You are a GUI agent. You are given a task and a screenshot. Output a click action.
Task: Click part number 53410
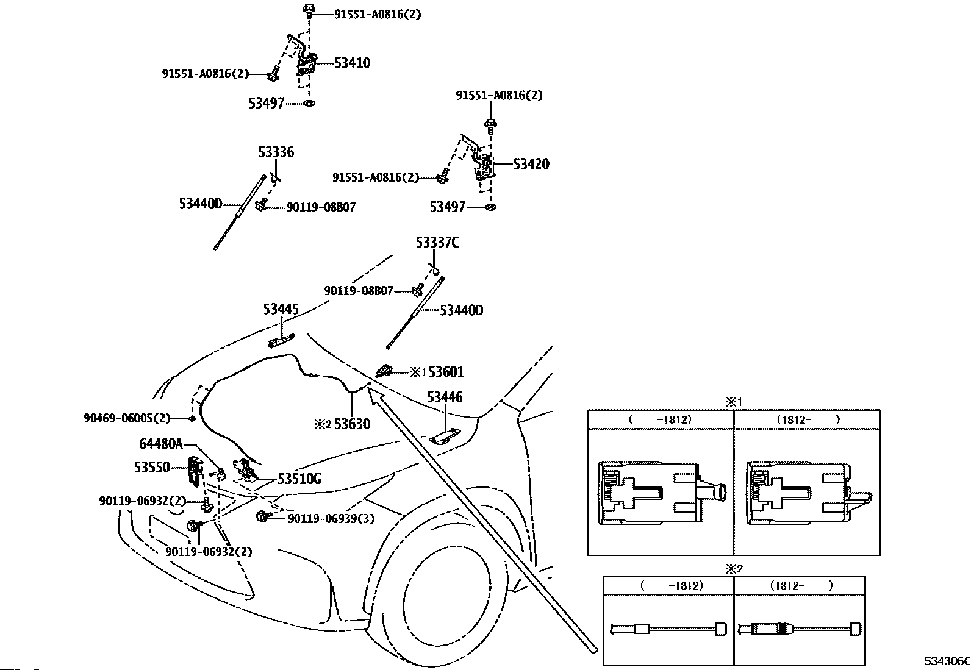tap(352, 63)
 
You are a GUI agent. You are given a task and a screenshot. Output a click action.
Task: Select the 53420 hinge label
tap(531, 164)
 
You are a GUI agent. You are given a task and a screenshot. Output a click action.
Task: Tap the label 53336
tap(276, 152)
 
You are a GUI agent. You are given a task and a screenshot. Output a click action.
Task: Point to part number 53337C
tap(437, 243)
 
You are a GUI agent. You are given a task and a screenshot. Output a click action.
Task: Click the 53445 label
tap(281, 309)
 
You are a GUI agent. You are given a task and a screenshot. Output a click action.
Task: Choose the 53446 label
tap(445, 397)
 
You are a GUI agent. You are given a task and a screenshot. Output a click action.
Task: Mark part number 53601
tap(446, 372)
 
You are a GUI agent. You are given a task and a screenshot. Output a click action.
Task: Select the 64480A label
tap(161, 444)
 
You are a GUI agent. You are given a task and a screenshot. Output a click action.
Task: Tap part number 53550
tap(152, 467)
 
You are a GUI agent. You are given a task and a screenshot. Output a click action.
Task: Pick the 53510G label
tap(299, 479)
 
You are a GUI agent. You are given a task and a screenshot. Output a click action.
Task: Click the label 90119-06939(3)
tap(331, 519)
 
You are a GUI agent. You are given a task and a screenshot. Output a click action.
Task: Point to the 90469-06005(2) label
tap(127, 418)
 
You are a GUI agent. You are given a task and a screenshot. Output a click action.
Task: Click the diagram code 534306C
tap(947, 661)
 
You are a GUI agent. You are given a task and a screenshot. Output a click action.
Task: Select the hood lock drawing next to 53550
tap(195, 469)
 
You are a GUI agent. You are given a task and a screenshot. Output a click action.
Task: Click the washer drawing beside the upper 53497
tap(309, 103)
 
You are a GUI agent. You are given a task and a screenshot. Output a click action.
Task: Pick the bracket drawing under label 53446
tap(445, 437)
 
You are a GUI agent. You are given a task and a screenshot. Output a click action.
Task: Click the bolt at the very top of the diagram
tap(309, 10)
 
